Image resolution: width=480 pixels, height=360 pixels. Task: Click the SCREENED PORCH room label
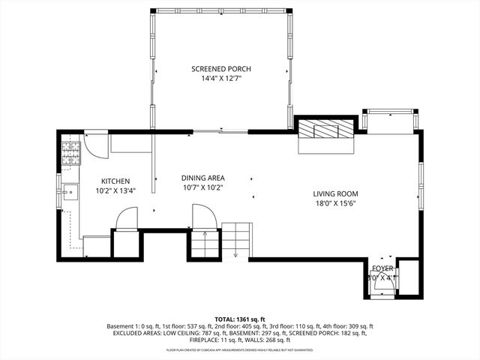pos(220,68)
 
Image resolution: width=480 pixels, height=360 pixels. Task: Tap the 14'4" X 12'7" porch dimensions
pos(220,78)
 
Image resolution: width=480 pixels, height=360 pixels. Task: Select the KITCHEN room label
pos(116,181)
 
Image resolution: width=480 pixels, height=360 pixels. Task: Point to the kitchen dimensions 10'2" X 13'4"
pos(116,190)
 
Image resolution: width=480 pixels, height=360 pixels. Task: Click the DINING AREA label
pos(202,178)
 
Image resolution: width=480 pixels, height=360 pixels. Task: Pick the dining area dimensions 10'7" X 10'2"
pos(202,187)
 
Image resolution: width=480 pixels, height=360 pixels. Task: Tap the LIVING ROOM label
pos(335,193)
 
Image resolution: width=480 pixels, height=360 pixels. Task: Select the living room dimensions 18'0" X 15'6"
pos(335,203)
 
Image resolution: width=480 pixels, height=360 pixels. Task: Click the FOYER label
pos(382,268)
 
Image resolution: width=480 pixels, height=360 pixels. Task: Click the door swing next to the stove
pos(94,142)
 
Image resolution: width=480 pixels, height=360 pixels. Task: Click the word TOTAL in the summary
pos(225,319)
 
